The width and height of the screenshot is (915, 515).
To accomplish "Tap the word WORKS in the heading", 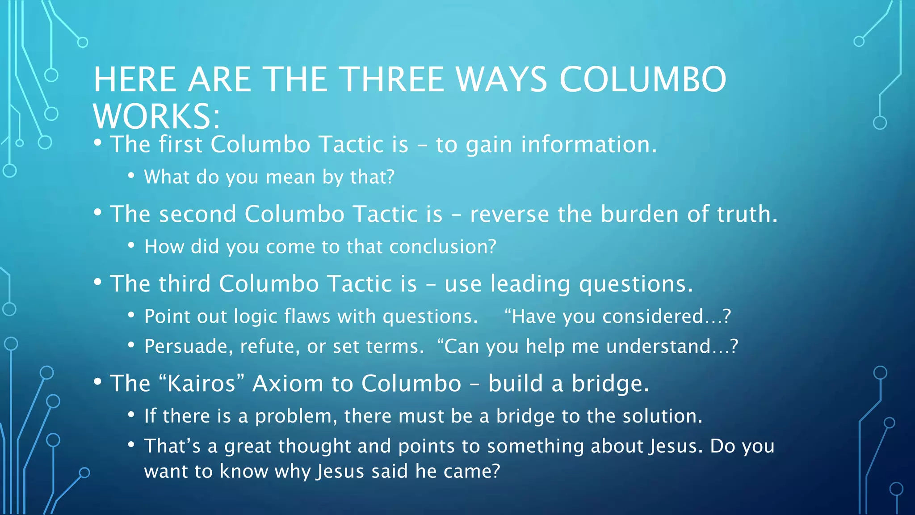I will (152, 116).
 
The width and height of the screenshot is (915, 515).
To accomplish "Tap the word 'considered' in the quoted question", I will (653, 317).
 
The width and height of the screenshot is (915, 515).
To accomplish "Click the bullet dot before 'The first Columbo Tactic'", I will (98, 144).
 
